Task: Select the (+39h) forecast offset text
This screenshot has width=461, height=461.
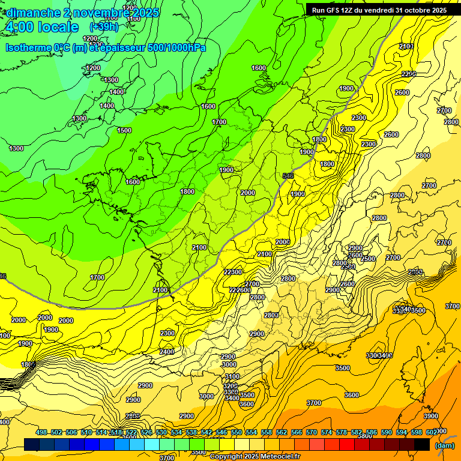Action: click(x=104, y=27)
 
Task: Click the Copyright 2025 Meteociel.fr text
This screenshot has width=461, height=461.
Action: click(x=255, y=457)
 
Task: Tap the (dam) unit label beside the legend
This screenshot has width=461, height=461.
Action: click(x=444, y=445)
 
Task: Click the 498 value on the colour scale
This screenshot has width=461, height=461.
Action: click(x=41, y=433)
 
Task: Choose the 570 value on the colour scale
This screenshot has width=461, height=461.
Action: click(x=312, y=433)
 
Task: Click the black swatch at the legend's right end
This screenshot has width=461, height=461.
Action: click(x=422, y=444)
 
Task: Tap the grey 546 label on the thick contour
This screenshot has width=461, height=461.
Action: click(x=288, y=176)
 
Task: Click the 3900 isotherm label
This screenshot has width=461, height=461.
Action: click(x=430, y=416)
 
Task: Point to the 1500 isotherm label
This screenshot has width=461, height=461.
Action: click(x=124, y=130)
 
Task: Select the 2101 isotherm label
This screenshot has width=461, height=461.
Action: click(x=406, y=46)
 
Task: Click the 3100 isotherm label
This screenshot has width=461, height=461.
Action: click(x=232, y=376)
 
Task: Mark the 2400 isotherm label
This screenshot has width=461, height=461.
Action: click(x=167, y=352)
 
